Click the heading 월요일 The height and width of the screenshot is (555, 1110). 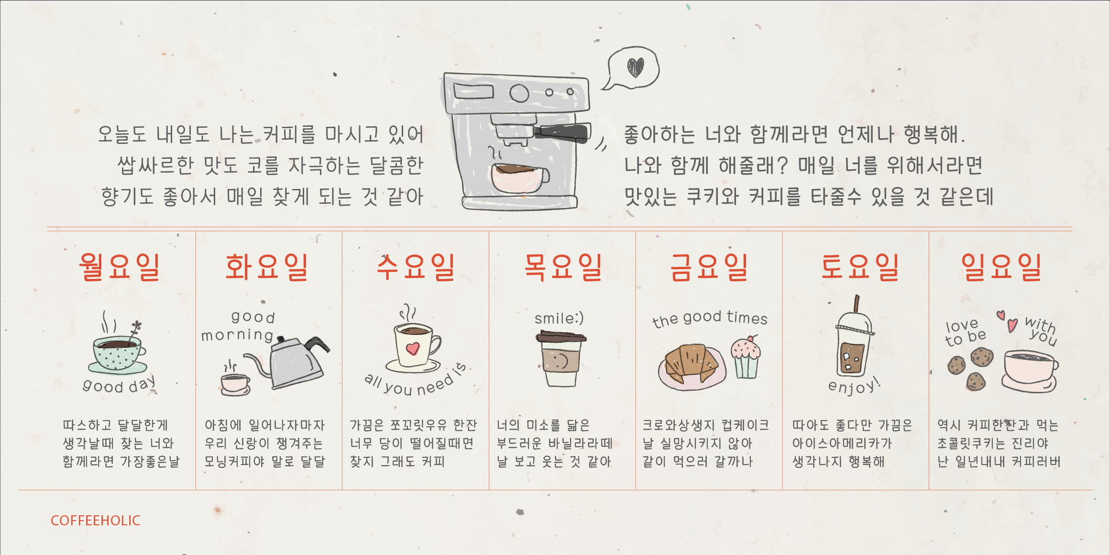(x=119, y=267)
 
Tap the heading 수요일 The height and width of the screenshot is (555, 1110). (x=415, y=267)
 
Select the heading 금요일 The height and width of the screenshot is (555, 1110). (x=709, y=267)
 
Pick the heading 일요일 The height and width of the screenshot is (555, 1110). (x=1001, y=267)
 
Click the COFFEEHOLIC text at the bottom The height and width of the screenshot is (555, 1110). (x=96, y=521)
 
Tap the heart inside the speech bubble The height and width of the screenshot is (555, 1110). (x=636, y=67)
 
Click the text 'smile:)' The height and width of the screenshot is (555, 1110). (x=559, y=318)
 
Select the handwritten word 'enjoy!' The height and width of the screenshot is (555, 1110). (x=854, y=386)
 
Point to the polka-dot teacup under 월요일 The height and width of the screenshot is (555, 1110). (x=118, y=353)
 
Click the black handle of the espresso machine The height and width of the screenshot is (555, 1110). (x=563, y=132)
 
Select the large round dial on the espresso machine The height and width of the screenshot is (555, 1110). (x=519, y=93)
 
